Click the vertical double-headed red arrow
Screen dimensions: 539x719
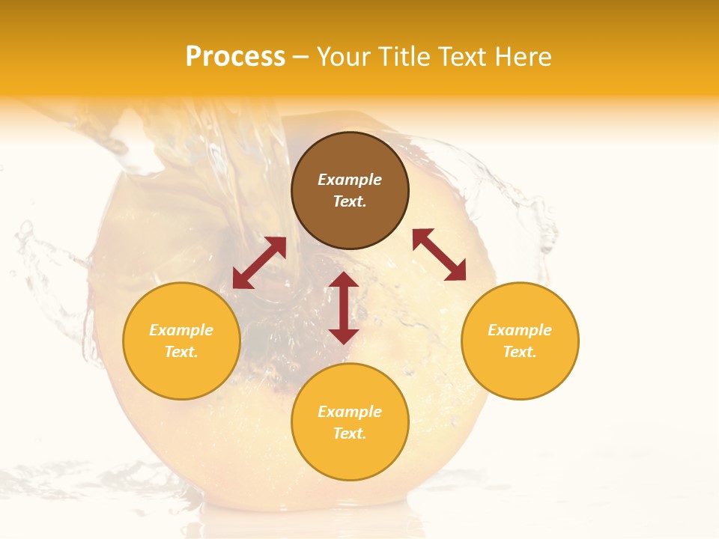click(x=344, y=308)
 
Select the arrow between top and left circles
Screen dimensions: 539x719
click(x=259, y=263)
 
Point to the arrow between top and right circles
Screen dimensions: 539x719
click(x=439, y=255)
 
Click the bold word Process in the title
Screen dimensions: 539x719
click(x=235, y=57)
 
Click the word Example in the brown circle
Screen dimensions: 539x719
click(x=350, y=180)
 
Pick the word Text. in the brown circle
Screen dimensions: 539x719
click(x=350, y=201)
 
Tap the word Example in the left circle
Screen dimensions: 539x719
click(x=181, y=330)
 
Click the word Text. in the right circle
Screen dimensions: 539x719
click(x=520, y=352)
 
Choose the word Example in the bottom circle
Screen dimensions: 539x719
click(x=350, y=412)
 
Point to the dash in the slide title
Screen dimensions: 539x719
click(x=301, y=57)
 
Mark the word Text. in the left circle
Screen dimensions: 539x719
click(x=181, y=352)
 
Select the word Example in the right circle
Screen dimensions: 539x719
click(x=520, y=330)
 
